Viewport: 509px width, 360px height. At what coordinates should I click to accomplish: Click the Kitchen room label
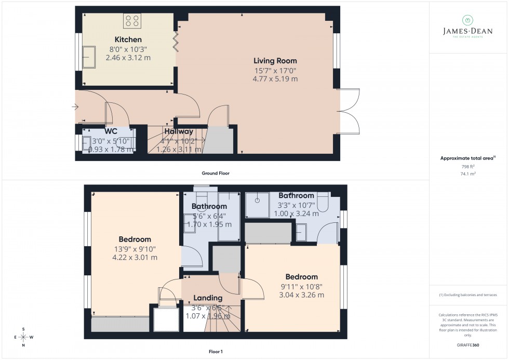click(x=128, y=40)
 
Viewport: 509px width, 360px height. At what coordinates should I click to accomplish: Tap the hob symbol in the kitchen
click(x=132, y=21)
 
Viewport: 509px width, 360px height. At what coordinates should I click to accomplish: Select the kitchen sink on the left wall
click(x=89, y=56)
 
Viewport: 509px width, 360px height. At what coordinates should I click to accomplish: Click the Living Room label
click(x=275, y=61)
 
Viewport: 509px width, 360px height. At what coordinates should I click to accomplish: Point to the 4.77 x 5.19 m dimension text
click(x=275, y=79)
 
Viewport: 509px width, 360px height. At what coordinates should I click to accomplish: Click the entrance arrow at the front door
click(x=76, y=108)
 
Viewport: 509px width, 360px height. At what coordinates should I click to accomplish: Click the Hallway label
click(x=179, y=132)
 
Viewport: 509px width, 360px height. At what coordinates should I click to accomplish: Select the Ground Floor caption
click(x=216, y=173)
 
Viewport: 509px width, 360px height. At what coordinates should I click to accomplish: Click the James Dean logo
click(x=467, y=26)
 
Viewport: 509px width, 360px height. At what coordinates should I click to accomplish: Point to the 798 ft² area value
click(x=468, y=166)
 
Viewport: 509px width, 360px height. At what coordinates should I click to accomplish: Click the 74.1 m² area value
click(x=468, y=175)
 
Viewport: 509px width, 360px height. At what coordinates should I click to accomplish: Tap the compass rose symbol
click(x=23, y=337)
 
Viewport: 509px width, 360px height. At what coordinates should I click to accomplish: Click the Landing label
click(x=208, y=298)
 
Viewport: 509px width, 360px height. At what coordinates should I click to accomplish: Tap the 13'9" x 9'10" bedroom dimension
click(x=135, y=249)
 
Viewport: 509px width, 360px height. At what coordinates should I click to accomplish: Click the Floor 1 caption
click(x=215, y=352)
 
